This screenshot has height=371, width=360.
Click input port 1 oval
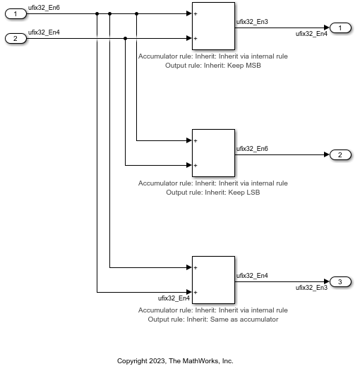[16, 13]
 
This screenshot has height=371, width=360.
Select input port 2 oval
[16, 38]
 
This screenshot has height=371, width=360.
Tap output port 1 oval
[340, 28]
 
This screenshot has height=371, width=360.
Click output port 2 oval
[340, 154]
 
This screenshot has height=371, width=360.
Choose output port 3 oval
[340, 281]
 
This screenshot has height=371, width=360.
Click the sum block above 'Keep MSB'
[213, 26]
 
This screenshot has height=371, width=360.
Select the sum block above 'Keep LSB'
[213, 153]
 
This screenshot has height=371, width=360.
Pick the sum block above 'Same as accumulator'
[213, 280]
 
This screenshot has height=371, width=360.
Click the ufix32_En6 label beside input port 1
[44, 7]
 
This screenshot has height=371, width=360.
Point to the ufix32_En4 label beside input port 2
[44, 32]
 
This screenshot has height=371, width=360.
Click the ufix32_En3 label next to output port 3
[311, 288]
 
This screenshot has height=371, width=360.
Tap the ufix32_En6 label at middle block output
[252, 148]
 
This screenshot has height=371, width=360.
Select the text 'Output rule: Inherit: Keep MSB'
[213, 66]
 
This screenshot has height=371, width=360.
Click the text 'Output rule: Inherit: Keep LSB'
[213, 193]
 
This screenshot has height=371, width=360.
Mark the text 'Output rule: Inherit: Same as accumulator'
[213, 320]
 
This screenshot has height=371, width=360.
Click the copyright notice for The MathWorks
[175, 360]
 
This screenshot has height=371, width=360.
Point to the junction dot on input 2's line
[125, 38]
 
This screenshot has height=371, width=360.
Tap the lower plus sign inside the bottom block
[195, 292]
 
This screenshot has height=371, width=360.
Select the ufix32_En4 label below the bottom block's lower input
[174, 298]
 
